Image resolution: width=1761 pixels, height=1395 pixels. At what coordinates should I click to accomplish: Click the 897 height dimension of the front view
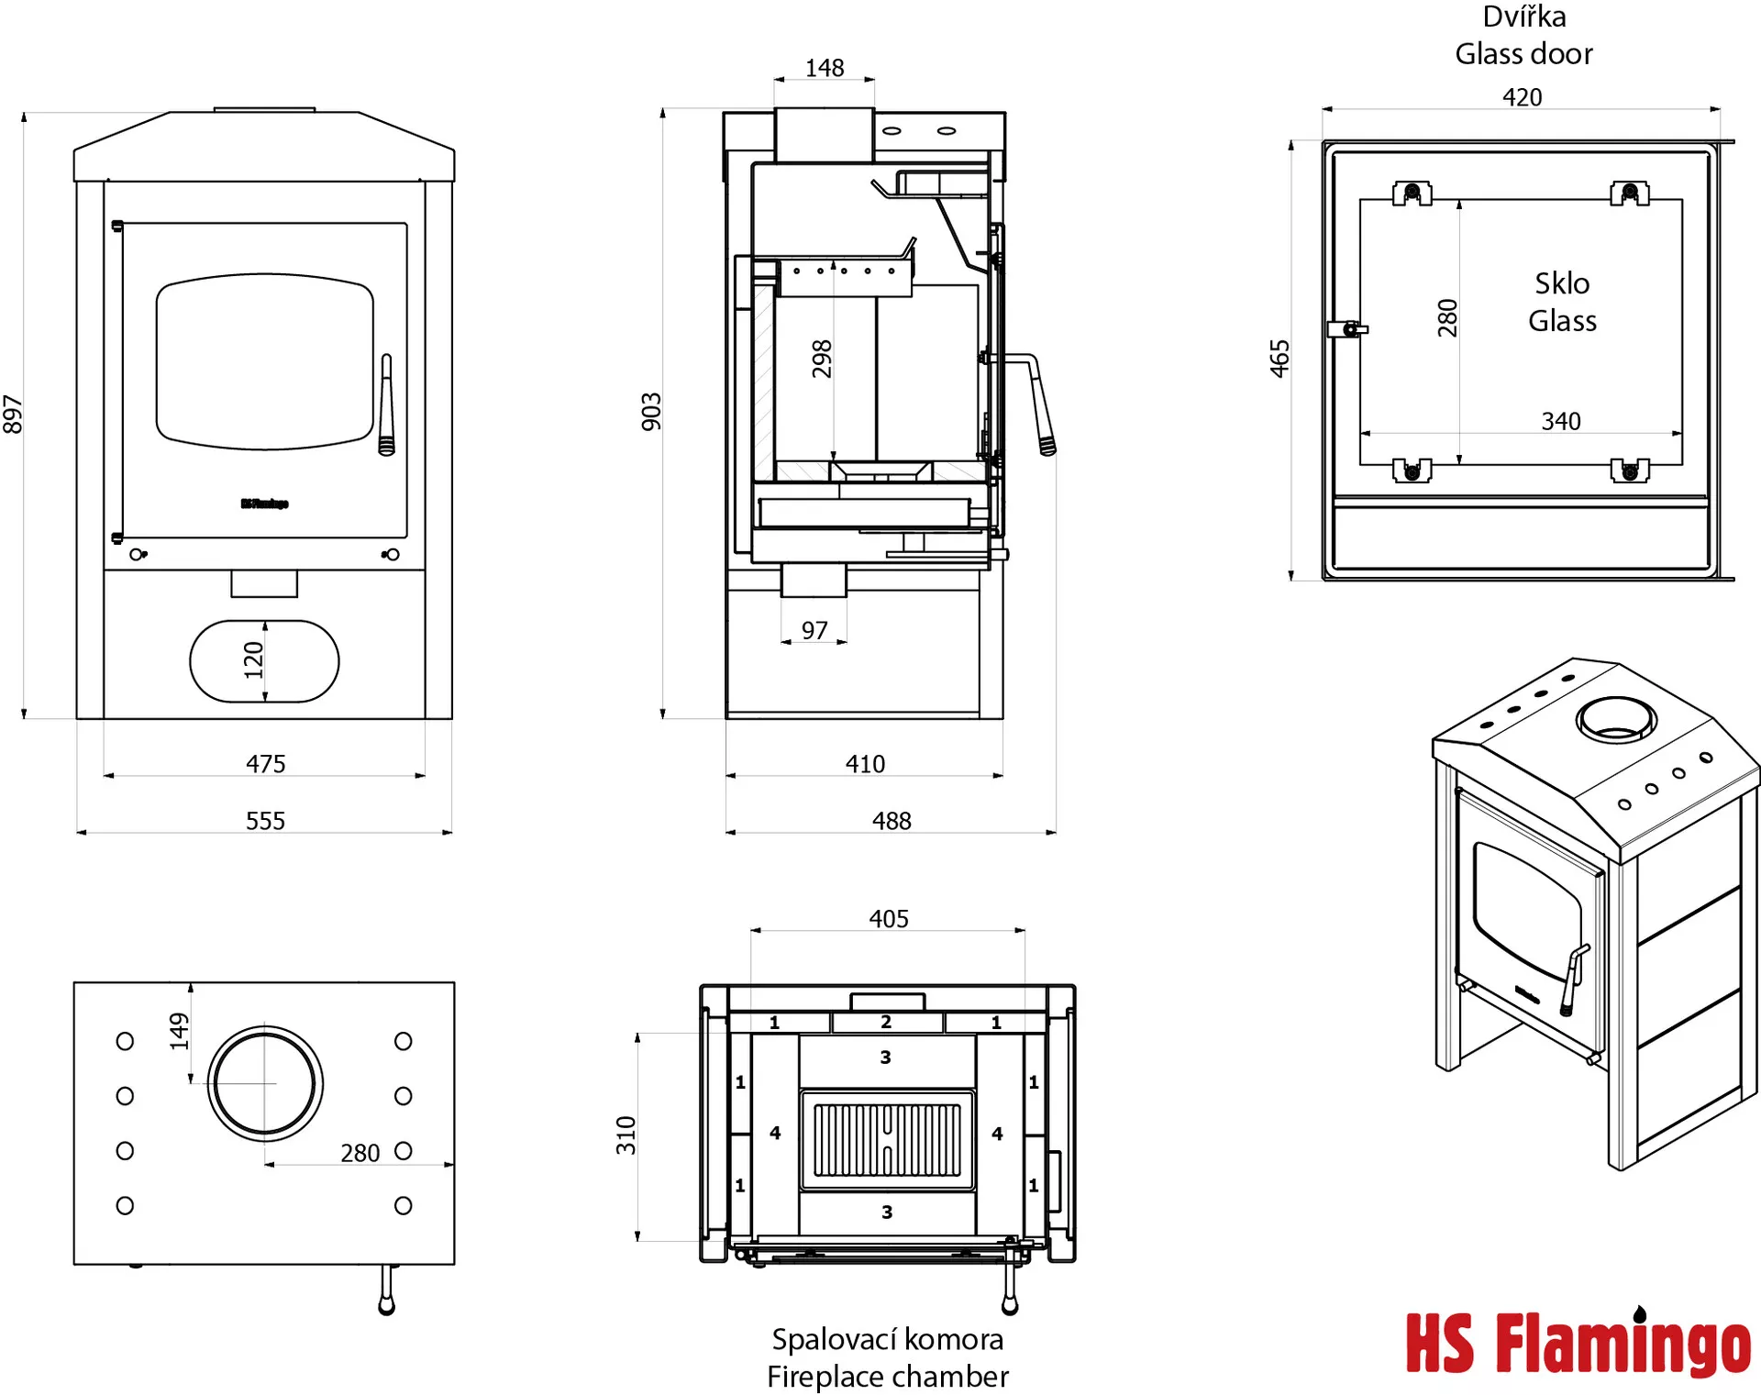[13, 415]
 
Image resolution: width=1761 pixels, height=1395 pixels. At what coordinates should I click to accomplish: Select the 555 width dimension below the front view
[265, 821]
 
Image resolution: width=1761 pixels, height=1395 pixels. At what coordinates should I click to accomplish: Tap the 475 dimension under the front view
[265, 764]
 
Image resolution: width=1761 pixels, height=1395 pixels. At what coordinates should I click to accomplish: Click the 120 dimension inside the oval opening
[254, 660]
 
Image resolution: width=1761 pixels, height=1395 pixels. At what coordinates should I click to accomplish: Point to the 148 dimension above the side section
[824, 69]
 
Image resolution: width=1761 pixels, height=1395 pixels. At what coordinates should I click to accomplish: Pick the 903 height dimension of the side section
[651, 412]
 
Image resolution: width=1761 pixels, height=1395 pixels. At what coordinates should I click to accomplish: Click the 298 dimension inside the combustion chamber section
[822, 359]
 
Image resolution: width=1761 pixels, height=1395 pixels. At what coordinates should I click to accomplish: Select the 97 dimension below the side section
[814, 631]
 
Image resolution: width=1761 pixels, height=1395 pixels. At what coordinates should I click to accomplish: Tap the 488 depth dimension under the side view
[892, 821]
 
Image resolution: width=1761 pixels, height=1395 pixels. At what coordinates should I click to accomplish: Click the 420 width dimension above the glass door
[1522, 97]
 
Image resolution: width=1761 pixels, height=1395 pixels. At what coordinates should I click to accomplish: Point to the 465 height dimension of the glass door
[1280, 359]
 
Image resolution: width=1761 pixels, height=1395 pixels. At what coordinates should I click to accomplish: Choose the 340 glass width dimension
[1560, 421]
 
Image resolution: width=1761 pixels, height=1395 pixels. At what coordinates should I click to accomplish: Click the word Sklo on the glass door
[1562, 283]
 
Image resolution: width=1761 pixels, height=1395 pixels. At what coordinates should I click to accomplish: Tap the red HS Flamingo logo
[1578, 1344]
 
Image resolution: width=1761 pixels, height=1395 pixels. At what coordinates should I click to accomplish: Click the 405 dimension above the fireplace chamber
[888, 919]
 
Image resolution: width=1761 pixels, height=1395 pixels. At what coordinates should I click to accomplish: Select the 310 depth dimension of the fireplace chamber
[626, 1135]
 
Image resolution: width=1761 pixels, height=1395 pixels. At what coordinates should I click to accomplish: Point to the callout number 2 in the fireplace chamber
[886, 1022]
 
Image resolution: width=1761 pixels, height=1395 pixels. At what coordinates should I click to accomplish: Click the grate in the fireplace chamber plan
[887, 1140]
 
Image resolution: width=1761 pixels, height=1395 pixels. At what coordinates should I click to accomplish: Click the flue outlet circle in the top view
[265, 1083]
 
